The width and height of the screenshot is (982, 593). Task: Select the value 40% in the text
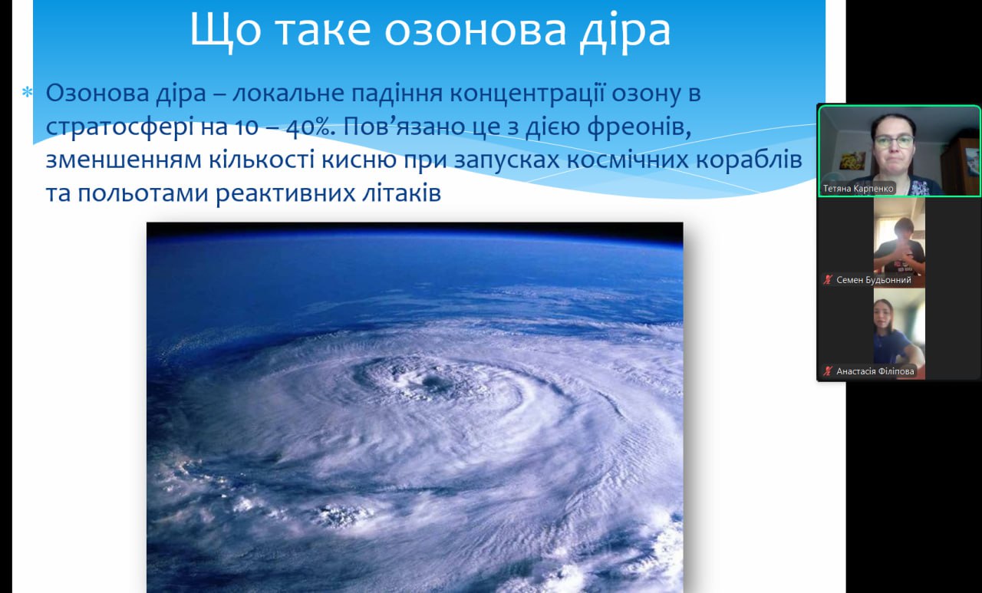pyautogui.click(x=310, y=127)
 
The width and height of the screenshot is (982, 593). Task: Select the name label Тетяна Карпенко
pyautogui.click(x=858, y=188)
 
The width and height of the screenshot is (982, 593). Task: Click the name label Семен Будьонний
pyautogui.click(x=873, y=280)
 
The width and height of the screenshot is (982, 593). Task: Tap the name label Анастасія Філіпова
pyautogui.click(x=875, y=371)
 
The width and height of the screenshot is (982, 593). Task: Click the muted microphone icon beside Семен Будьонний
pyautogui.click(x=828, y=280)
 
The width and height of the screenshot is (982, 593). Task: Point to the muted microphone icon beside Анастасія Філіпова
pyautogui.click(x=828, y=371)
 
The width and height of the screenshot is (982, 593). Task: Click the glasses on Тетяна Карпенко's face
pyautogui.click(x=893, y=141)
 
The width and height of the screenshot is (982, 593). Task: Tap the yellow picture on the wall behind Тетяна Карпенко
pyautogui.click(x=852, y=160)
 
